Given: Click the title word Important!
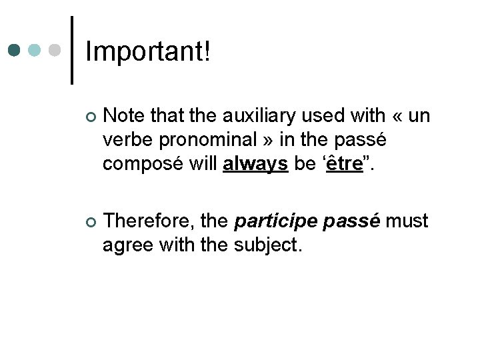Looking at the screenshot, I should (x=148, y=51).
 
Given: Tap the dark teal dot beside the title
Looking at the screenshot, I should (x=15, y=51).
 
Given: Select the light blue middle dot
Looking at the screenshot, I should (x=35, y=51).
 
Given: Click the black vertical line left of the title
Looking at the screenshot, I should (x=72, y=50).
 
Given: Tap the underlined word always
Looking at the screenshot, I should (x=255, y=164).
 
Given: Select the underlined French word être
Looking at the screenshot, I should (x=345, y=164).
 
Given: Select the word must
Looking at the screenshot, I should (x=407, y=221).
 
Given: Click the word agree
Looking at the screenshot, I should (x=129, y=246).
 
